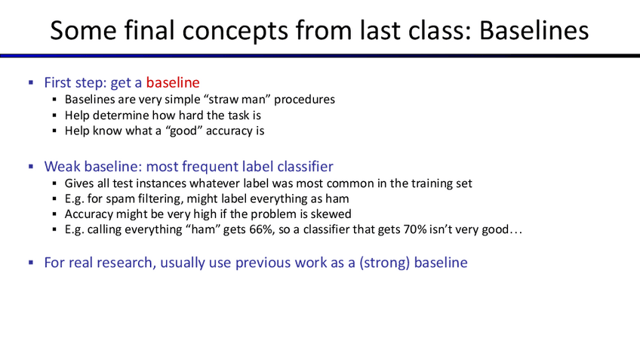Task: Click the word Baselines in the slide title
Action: point(534,30)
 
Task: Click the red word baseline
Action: point(173,82)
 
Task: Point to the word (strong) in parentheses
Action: point(384,263)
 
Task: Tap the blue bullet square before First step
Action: point(31,83)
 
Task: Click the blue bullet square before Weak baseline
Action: point(31,167)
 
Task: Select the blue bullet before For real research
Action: point(31,263)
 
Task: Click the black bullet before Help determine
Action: point(54,115)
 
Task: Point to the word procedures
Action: point(304,100)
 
